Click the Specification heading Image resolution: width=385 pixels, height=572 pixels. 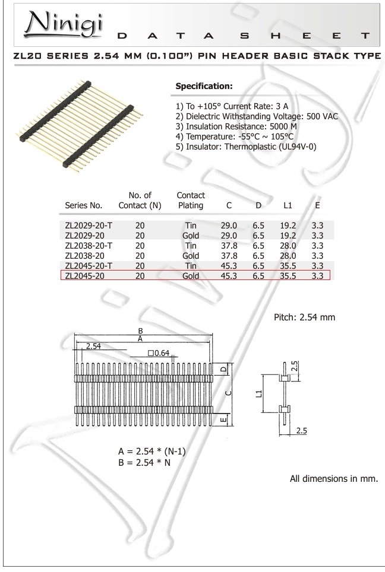(204, 87)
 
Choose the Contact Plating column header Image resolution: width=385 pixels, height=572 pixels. (191, 200)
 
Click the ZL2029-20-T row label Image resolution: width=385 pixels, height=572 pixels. (88, 226)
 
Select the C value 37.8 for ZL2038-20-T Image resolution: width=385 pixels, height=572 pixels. (229, 246)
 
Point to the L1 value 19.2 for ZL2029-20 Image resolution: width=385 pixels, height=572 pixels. (288, 236)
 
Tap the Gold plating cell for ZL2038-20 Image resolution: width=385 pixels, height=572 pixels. (191, 256)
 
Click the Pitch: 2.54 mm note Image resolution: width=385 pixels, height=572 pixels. (304, 317)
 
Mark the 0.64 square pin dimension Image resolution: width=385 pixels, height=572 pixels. (159, 352)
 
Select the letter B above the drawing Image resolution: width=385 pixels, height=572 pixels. (140, 331)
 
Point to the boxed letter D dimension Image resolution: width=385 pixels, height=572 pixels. (222, 370)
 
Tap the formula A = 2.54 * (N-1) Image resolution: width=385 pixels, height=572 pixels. (152, 451)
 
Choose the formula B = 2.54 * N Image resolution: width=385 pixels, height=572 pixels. (145, 463)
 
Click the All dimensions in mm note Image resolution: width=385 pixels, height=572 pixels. (333, 478)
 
